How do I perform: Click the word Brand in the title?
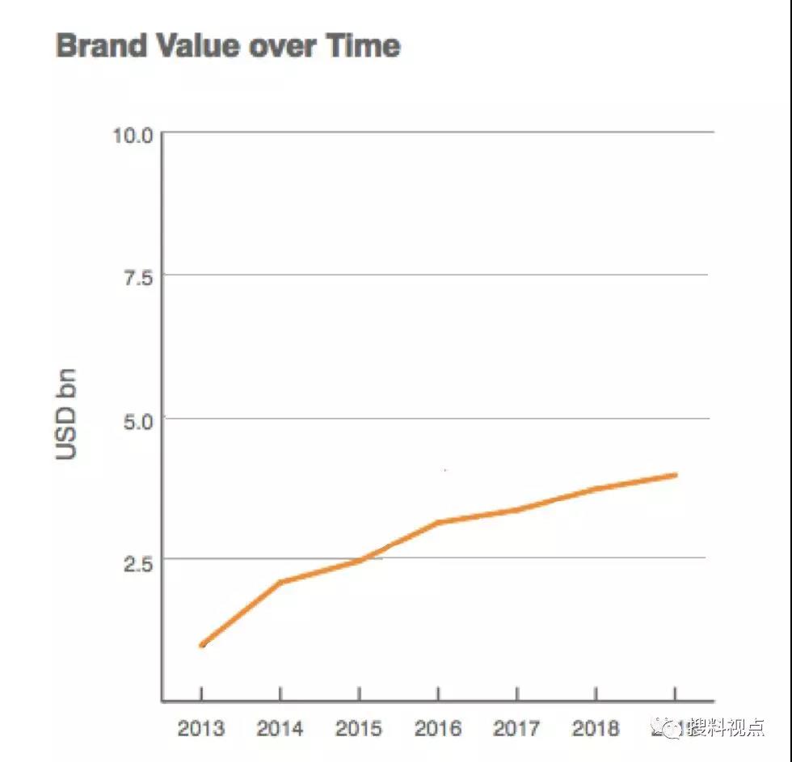coord(95,45)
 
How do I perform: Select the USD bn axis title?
coord(67,414)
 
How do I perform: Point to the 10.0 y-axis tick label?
coord(133,134)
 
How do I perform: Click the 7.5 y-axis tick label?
coord(137,277)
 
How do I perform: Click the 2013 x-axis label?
coord(201,728)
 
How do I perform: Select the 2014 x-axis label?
coord(280,728)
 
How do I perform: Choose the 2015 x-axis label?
coord(359,728)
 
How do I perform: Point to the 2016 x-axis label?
coord(437,728)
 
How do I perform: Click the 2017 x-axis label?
coord(516,728)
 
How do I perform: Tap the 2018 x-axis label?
coord(596,728)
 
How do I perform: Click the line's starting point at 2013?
coord(202,644)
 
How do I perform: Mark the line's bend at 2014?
coord(280,582)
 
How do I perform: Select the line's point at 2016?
coord(437,523)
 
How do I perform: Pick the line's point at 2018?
coord(596,489)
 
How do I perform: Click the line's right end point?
coord(675,475)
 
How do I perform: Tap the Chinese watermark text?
coord(724,728)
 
